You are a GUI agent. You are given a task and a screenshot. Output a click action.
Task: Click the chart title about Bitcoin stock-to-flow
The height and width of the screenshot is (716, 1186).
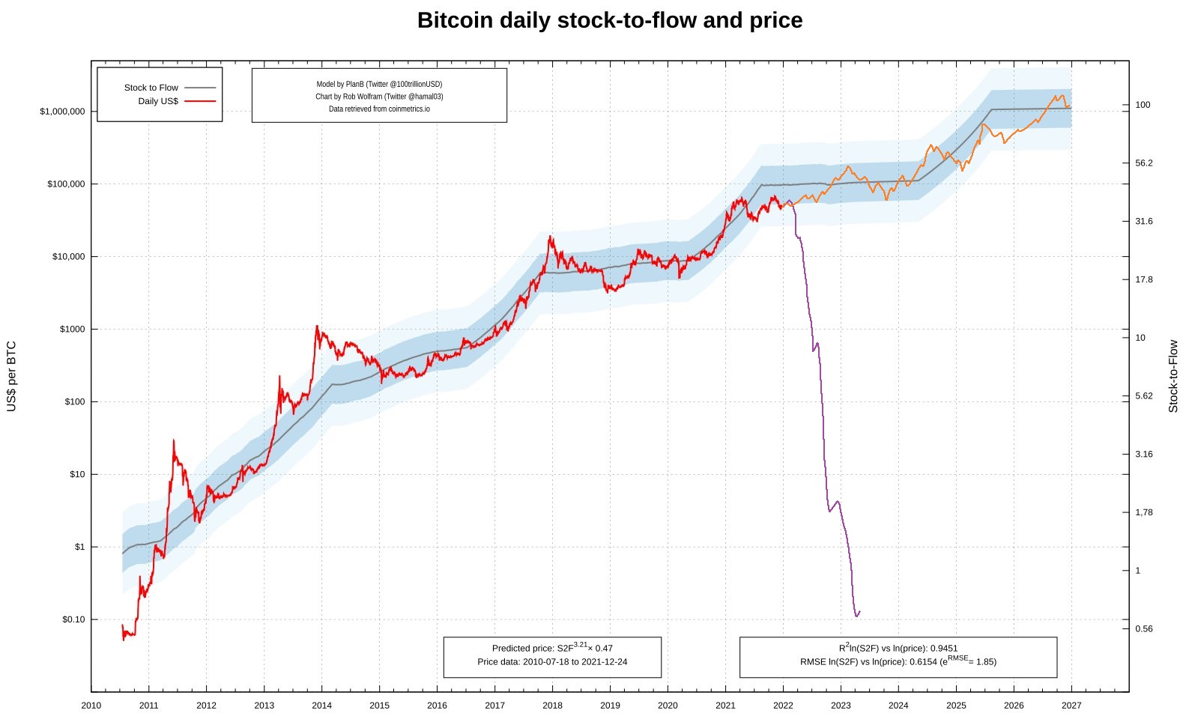point(609,20)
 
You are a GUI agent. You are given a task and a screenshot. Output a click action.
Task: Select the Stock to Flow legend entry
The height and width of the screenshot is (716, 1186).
point(151,88)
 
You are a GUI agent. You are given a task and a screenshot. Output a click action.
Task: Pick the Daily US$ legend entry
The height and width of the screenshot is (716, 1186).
point(158,101)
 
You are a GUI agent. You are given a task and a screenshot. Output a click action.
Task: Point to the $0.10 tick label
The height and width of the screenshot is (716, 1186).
point(73,619)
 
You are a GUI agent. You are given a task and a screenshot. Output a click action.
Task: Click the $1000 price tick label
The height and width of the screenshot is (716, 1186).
point(73,330)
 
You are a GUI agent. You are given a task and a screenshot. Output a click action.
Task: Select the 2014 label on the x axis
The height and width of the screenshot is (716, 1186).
point(321,706)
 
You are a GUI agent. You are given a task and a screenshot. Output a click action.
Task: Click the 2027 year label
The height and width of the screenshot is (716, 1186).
point(1071,706)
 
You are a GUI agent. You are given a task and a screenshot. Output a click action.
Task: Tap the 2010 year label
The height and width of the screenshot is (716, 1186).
point(91,706)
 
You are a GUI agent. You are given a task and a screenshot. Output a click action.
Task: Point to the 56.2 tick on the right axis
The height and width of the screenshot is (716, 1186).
point(1143,163)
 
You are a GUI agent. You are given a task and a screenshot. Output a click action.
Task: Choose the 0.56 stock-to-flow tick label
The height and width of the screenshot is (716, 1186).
point(1143,629)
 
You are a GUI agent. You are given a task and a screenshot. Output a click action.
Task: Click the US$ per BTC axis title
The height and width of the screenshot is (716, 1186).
point(11,377)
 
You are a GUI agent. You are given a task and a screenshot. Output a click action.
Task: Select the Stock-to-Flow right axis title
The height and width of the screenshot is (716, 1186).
point(1173,377)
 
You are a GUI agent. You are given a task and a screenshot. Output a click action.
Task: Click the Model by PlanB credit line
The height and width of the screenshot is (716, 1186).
point(379,85)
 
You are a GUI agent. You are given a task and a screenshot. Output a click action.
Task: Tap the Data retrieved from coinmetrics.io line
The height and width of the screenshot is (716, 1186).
point(379,109)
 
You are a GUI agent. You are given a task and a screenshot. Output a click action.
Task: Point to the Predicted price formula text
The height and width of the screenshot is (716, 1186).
point(552,648)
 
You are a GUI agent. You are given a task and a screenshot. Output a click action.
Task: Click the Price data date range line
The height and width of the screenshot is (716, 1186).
point(552,662)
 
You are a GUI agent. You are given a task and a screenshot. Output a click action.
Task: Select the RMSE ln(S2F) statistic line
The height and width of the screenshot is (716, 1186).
point(898,661)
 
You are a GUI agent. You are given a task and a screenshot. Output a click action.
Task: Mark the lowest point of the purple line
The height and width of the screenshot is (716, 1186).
point(856,616)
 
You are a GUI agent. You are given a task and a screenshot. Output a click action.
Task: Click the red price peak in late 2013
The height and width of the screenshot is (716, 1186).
point(317,327)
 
